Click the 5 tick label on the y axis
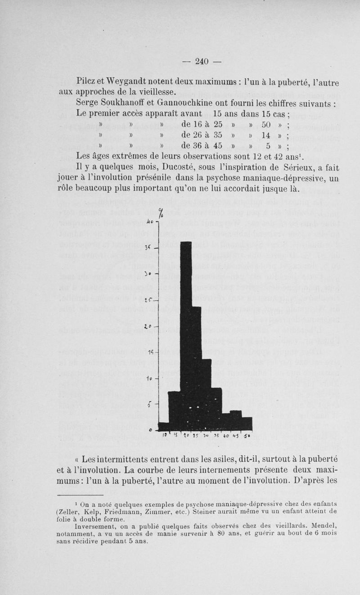pos(149,404)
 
